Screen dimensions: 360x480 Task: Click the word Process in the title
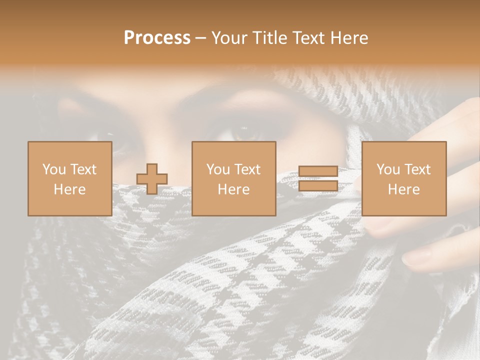(x=157, y=38)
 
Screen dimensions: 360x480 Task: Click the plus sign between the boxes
(x=152, y=178)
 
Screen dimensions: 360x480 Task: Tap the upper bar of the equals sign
(x=318, y=171)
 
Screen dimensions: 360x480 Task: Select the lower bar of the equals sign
(x=318, y=186)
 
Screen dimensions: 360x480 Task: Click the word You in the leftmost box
(x=53, y=169)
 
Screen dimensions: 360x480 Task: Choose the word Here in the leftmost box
(x=69, y=189)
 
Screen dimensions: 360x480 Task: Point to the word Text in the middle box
(x=248, y=169)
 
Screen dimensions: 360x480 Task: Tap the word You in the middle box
(x=217, y=169)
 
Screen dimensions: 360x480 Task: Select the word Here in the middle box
(x=233, y=189)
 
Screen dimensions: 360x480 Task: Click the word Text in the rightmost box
(x=418, y=169)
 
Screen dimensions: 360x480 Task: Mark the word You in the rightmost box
(x=387, y=169)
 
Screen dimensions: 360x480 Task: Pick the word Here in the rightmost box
(x=403, y=189)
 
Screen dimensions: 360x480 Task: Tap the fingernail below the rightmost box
(x=417, y=257)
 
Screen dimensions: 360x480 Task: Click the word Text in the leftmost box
(x=83, y=169)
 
